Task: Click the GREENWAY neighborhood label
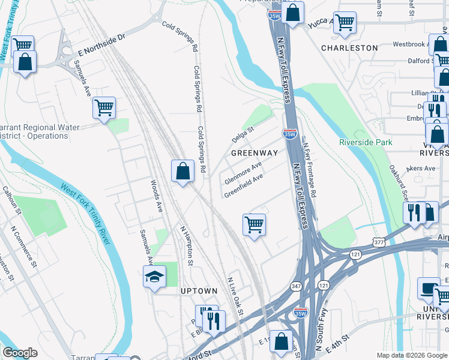(x=255, y=153)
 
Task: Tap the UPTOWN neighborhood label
(x=199, y=291)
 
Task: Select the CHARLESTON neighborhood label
(x=349, y=47)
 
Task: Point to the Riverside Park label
(x=366, y=142)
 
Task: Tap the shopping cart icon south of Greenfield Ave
(x=254, y=224)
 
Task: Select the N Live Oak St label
(x=235, y=295)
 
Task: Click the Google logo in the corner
(x=19, y=353)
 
